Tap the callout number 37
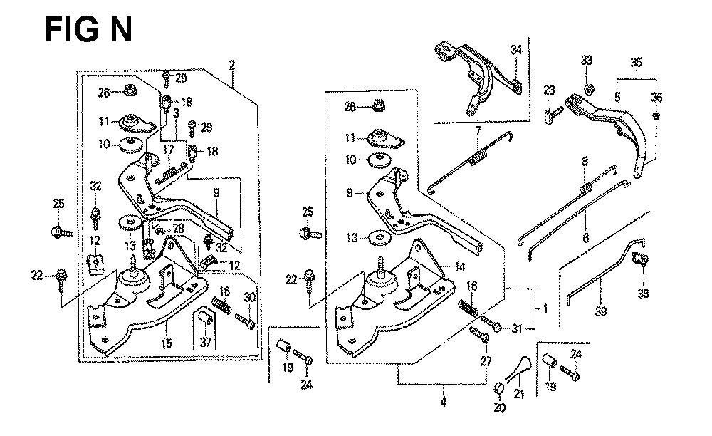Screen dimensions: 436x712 coord(207,343)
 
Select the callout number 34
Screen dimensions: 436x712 coord(515,49)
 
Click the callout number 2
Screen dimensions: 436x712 coord(232,66)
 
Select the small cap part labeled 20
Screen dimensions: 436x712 coord(498,387)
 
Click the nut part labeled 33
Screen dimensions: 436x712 coord(590,89)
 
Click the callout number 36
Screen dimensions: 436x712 coord(656,98)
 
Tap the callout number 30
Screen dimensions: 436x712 coord(249,298)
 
